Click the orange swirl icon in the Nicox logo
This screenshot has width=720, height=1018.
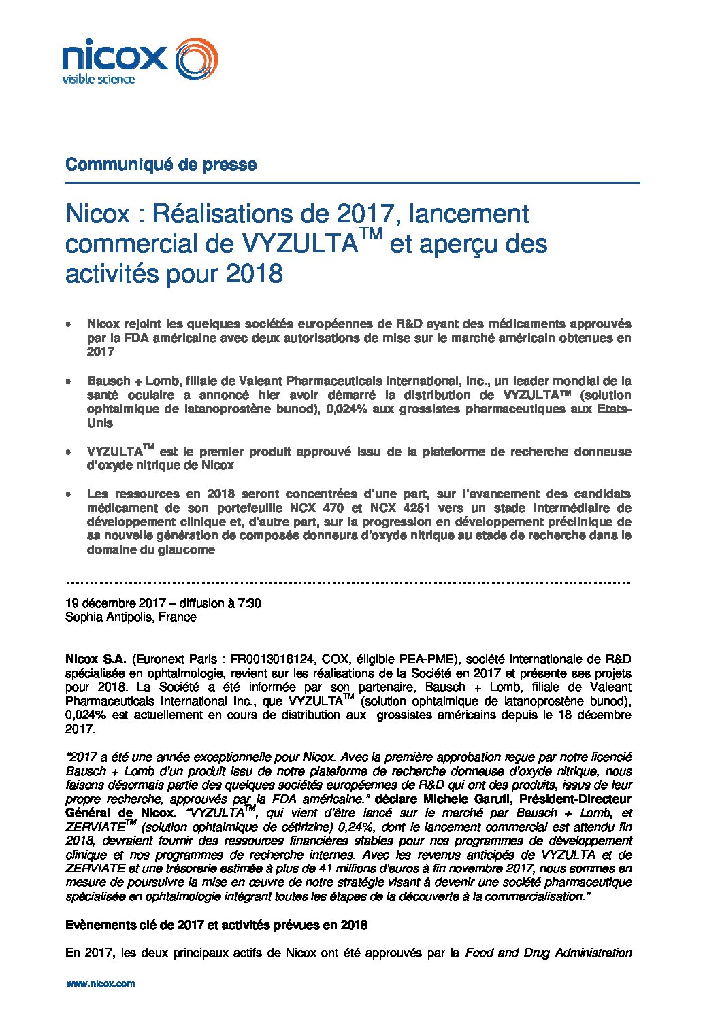pyautogui.click(x=197, y=58)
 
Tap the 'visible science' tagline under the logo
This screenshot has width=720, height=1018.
pyautogui.click(x=99, y=80)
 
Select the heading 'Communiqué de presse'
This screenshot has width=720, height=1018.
pyautogui.click(x=161, y=165)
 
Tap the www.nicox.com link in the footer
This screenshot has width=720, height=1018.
pyautogui.click(x=100, y=983)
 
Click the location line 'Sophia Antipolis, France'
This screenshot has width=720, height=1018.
pyautogui.click(x=131, y=617)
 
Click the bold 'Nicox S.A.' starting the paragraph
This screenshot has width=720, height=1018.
pyautogui.click(x=96, y=659)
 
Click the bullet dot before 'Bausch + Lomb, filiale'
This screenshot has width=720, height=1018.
pyautogui.click(x=69, y=381)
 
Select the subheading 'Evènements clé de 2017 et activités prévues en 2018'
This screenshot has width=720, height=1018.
pyautogui.click(x=216, y=925)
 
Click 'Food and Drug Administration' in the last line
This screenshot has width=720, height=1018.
pyautogui.click(x=549, y=953)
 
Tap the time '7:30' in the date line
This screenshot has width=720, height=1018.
pyautogui.click(x=249, y=603)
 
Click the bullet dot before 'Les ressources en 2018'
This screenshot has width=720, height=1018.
pyautogui.click(x=69, y=494)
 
